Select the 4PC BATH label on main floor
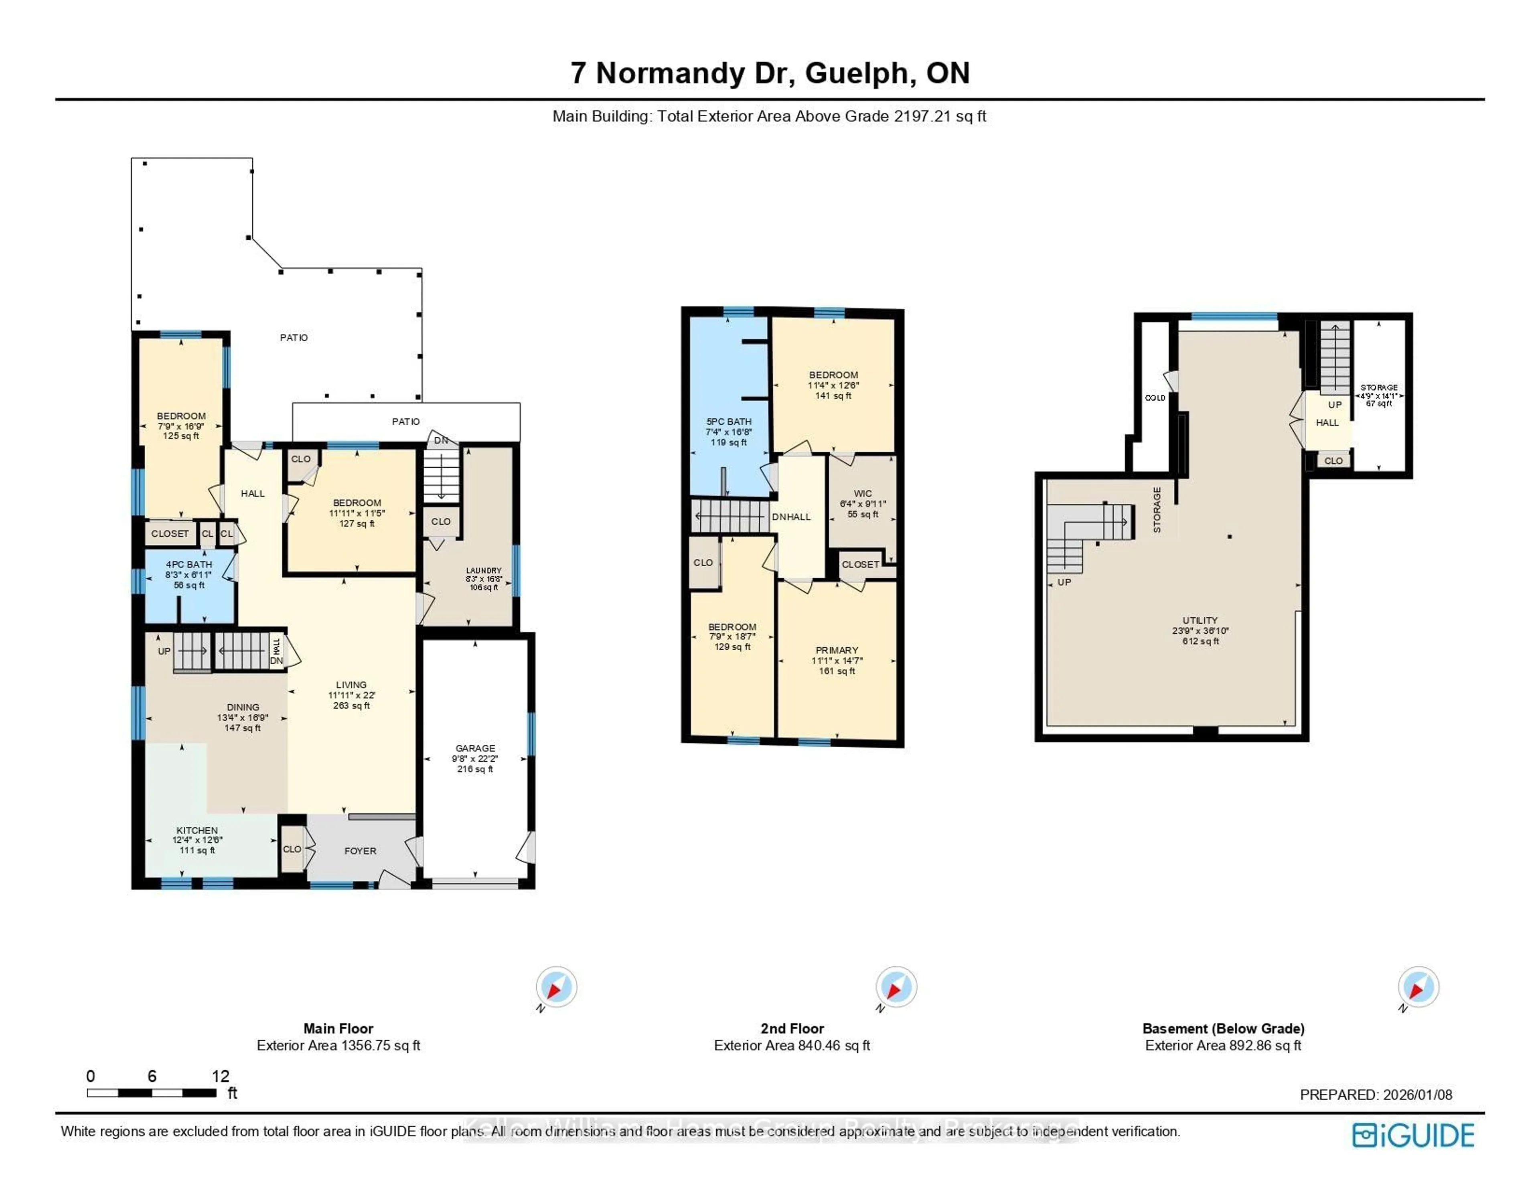[189, 564]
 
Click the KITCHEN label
[197, 830]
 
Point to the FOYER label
[360, 851]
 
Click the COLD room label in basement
[1154, 398]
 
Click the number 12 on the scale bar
[220, 1076]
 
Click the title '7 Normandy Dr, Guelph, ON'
[770, 73]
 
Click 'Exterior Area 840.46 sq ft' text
[792, 1045]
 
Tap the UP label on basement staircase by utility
[1064, 582]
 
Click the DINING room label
[243, 707]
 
